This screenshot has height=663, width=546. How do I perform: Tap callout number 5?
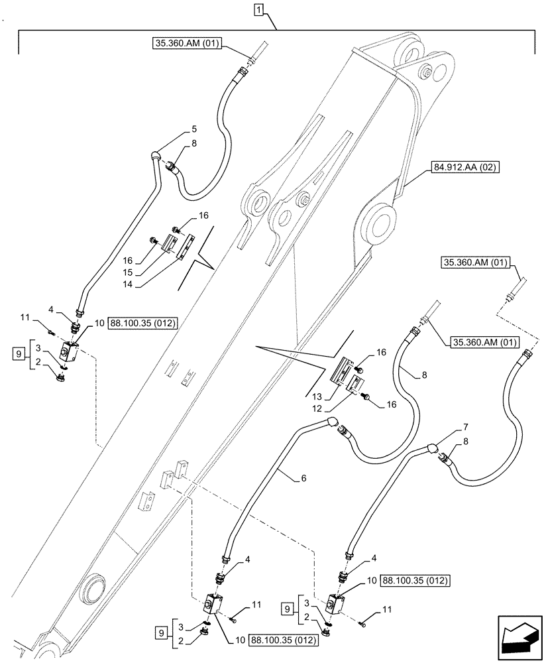coord(176,128)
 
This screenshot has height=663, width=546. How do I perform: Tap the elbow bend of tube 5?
coord(156,155)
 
